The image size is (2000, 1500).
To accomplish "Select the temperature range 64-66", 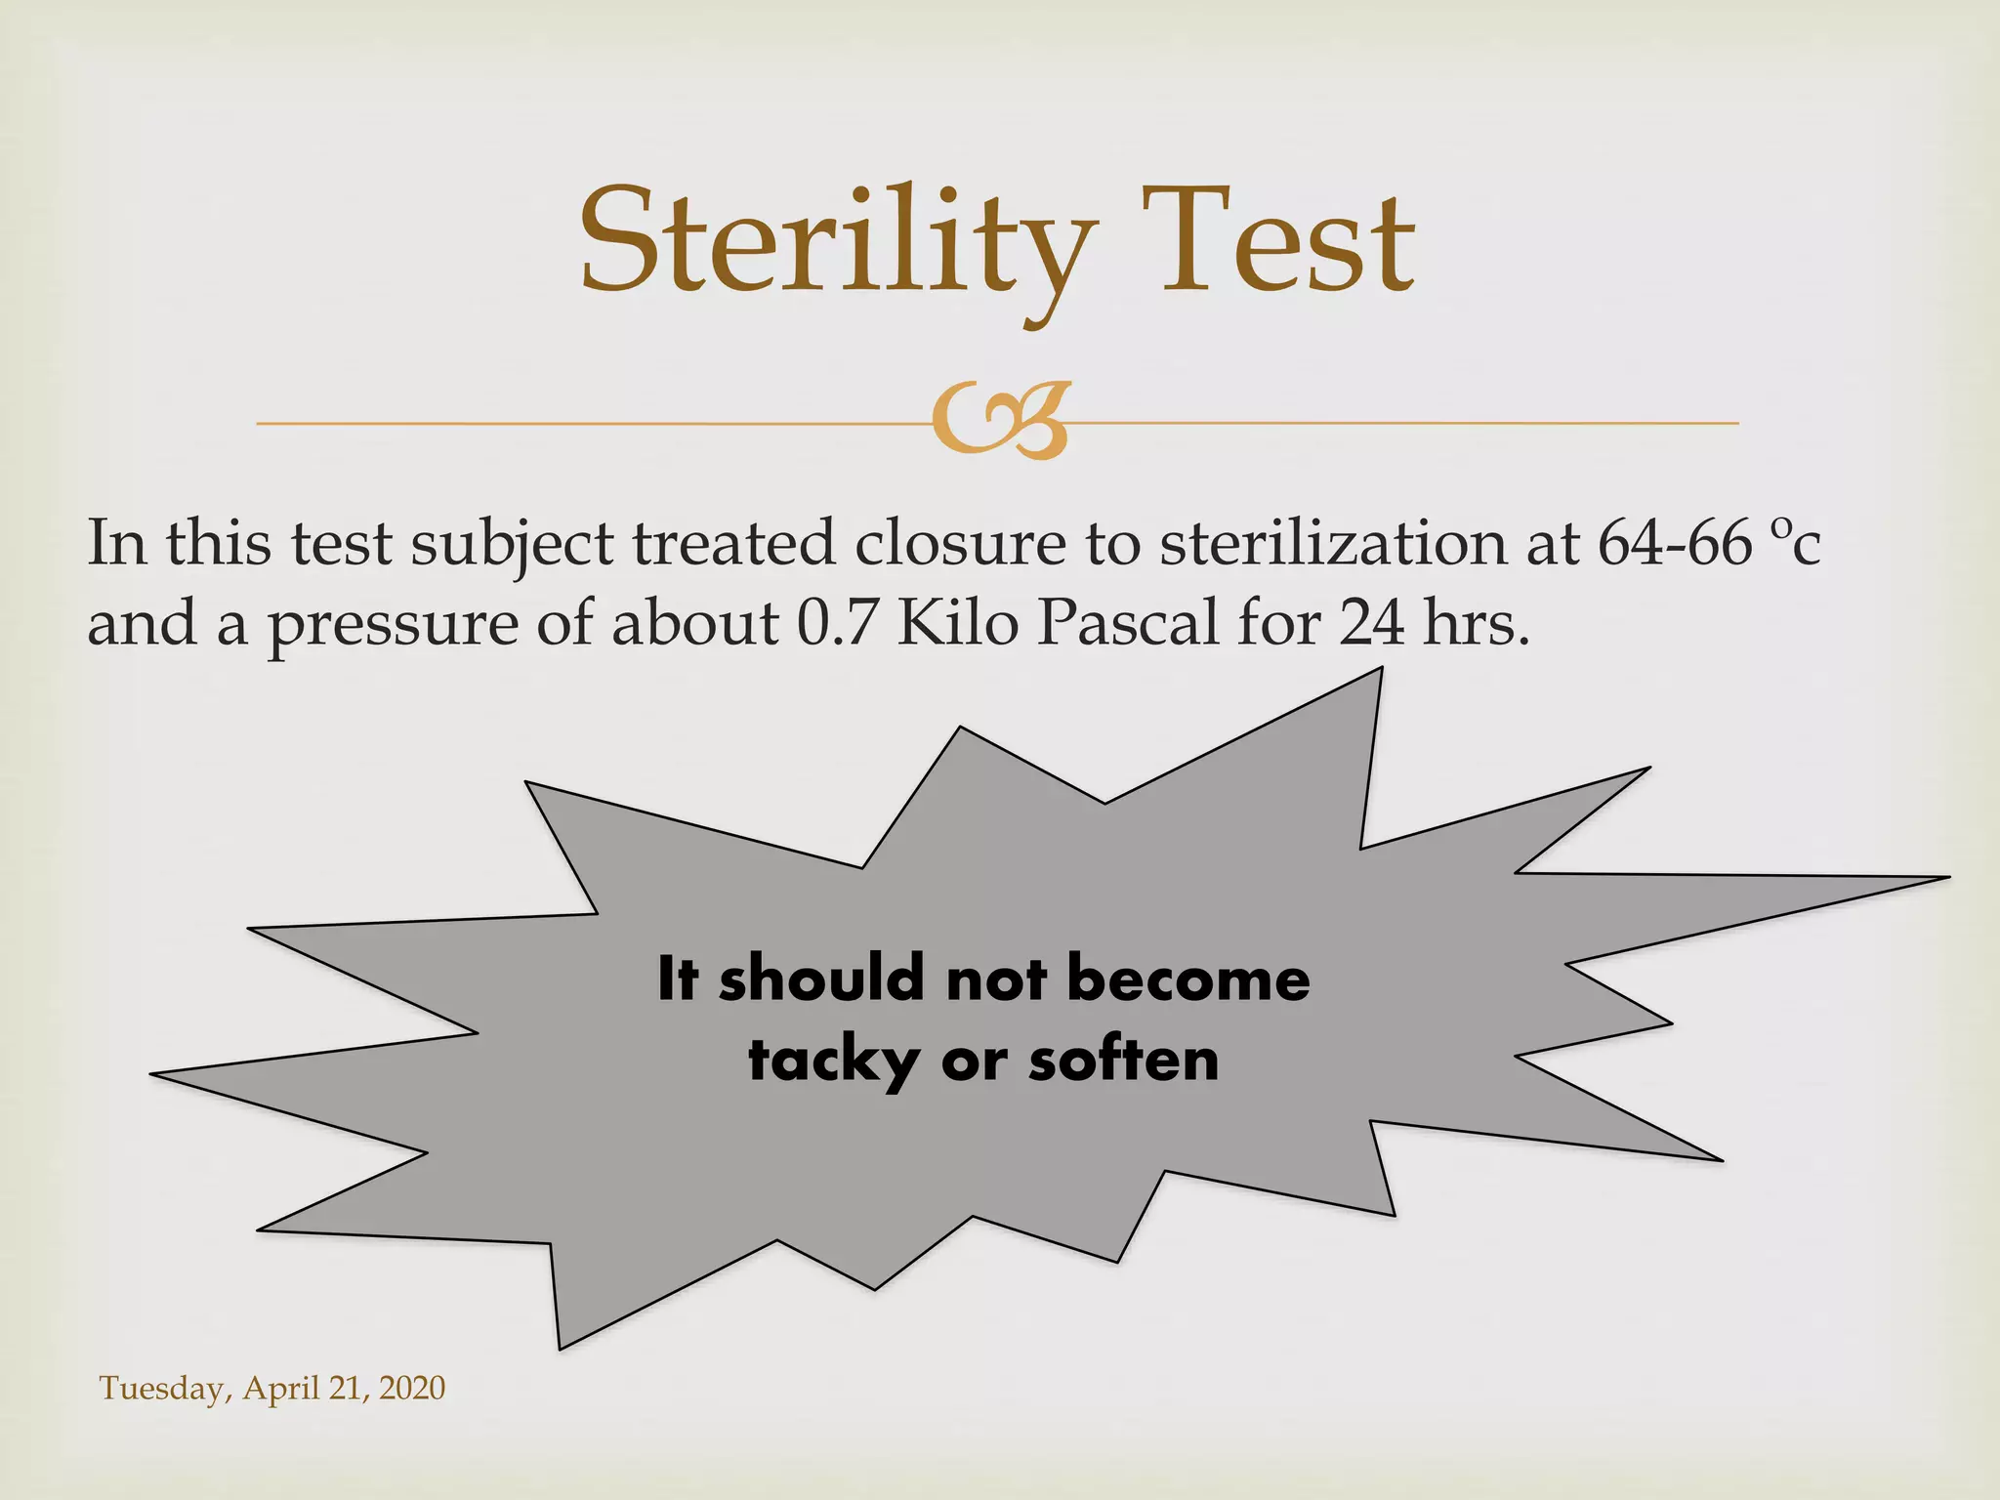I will pyautogui.click(x=1674, y=543).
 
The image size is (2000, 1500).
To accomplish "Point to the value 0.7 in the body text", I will pyautogui.click(x=836, y=623).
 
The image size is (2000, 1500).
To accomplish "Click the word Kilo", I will pyautogui.click(x=958, y=623).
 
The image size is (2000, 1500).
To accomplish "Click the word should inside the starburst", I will pyautogui.click(x=821, y=979).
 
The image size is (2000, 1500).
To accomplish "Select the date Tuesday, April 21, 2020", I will pyautogui.click(x=272, y=1388).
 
